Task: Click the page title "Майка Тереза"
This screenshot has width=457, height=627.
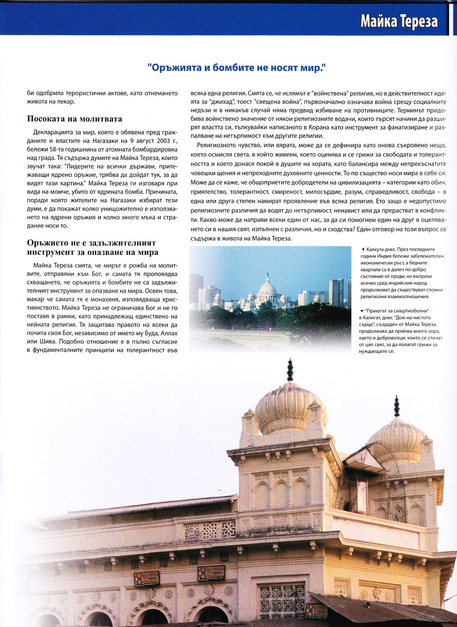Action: (x=399, y=21)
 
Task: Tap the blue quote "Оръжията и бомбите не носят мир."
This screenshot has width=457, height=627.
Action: (x=236, y=68)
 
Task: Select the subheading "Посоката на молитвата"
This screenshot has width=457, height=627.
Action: (x=74, y=119)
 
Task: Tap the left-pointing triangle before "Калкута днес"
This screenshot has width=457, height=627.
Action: (x=363, y=250)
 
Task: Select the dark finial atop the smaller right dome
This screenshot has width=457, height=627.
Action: (x=397, y=406)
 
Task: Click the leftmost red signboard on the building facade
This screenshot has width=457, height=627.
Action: (x=146, y=579)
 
